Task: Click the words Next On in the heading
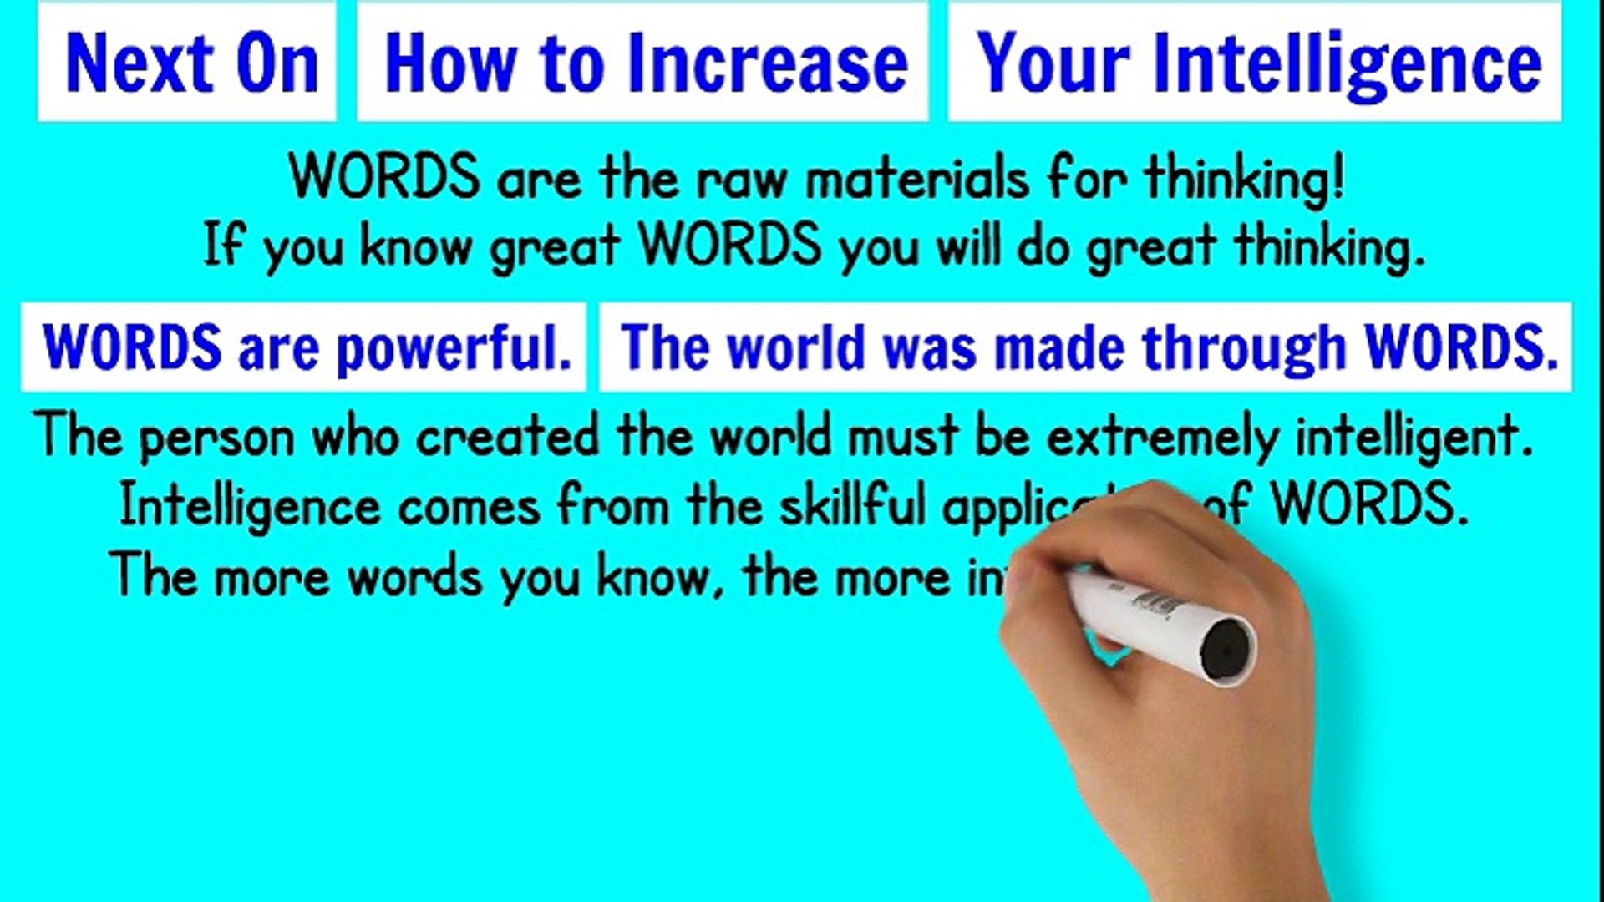pyautogui.click(x=192, y=63)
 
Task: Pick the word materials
pyautogui.click(x=917, y=179)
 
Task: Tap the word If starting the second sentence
pyautogui.click(x=223, y=246)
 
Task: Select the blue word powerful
pyautogui.click(x=454, y=347)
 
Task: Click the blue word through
pyautogui.click(x=1244, y=347)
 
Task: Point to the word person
pyautogui.click(x=216, y=438)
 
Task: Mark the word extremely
pyautogui.click(x=1162, y=438)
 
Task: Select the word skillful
pyautogui.click(x=853, y=504)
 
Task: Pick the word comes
pyautogui.click(x=469, y=506)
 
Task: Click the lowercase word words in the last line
pyautogui.click(x=415, y=576)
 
